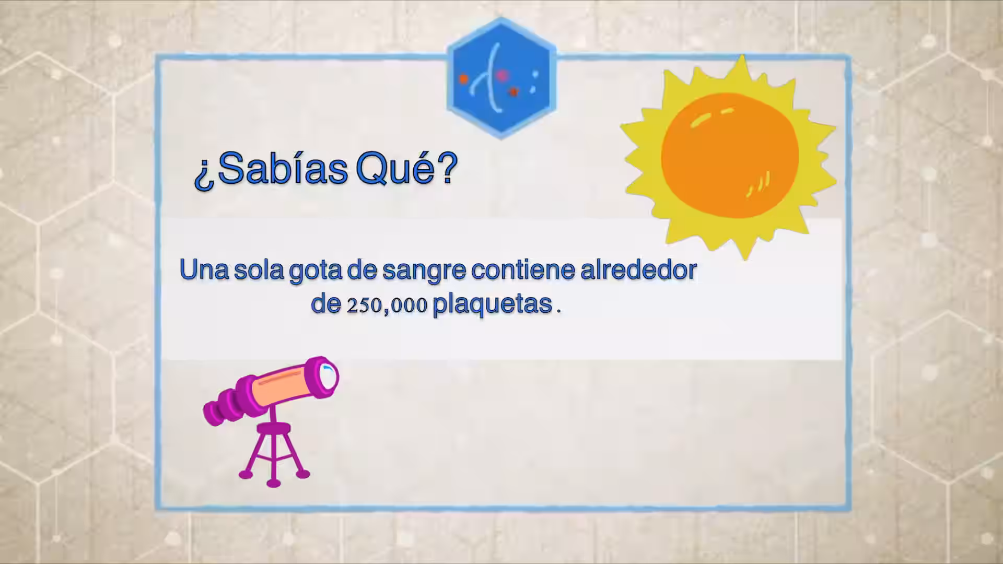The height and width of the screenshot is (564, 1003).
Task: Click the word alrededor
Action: (639, 269)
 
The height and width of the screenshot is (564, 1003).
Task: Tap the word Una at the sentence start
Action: (204, 269)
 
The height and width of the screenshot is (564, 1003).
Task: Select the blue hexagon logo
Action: (501, 78)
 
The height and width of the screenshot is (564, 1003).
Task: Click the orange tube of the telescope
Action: (282, 387)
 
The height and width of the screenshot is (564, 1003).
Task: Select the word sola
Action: (259, 269)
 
